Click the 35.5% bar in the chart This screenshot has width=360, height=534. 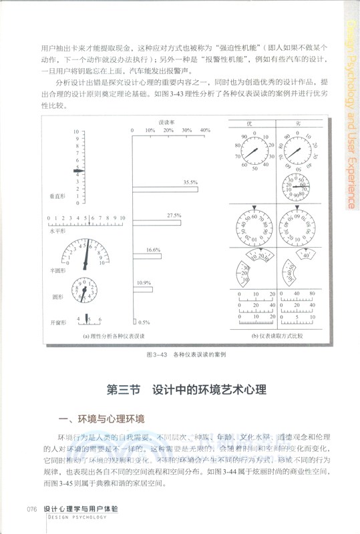tap(165, 190)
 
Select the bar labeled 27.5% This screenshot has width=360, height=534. tap(156, 222)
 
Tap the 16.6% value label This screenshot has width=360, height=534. tap(153, 249)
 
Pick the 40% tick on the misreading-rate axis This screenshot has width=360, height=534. tap(205, 129)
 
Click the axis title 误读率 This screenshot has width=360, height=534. tap(167, 122)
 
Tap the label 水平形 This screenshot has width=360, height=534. tap(57, 230)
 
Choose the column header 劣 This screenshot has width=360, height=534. tap(297, 122)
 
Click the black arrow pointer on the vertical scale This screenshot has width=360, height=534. tap(78, 171)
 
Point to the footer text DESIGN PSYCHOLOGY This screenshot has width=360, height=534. tap(79, 516)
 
